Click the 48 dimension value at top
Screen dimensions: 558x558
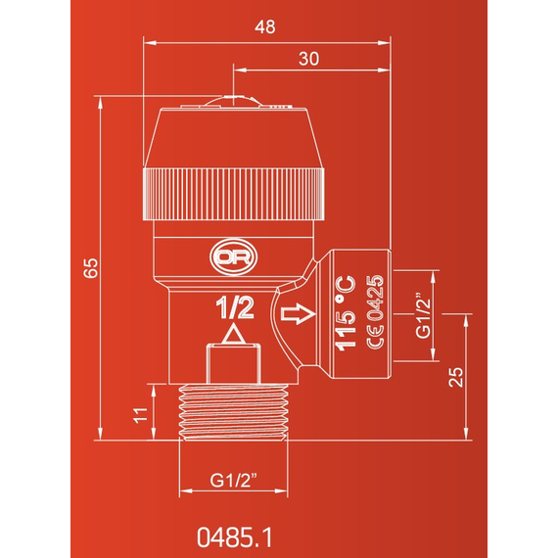point(264,27)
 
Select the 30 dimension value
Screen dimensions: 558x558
point(308,59)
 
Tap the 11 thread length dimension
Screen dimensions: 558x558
point(140,415)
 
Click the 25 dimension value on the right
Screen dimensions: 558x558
point(456,377)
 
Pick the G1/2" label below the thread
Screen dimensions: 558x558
point(233,480)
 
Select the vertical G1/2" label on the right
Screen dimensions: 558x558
point(424,315)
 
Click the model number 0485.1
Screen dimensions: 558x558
point(235,536)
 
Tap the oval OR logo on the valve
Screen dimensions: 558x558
point(233,257)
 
